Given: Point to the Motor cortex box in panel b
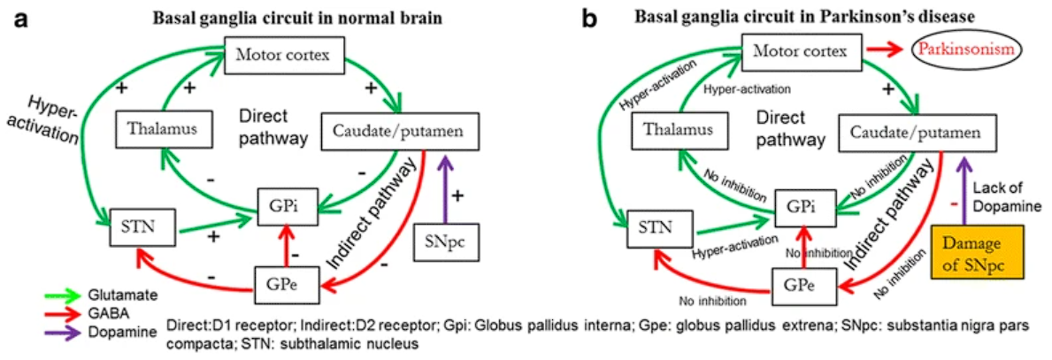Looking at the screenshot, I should coord(800,54).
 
